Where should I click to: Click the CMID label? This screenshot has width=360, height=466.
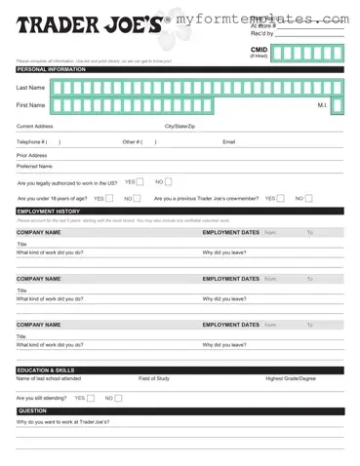259,49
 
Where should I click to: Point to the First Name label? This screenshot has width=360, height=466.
30,104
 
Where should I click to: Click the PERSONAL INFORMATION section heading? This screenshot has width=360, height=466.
51,70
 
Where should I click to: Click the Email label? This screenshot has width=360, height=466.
229,141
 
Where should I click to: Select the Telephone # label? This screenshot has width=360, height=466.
32,141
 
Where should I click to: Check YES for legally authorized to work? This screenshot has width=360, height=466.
140,181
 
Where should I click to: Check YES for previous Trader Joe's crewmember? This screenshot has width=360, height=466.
281,198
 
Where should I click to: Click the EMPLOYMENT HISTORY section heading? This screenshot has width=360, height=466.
49,211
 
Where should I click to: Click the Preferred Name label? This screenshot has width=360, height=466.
34,167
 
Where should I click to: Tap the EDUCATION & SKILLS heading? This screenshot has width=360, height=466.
46,370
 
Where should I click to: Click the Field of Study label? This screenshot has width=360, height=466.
156,379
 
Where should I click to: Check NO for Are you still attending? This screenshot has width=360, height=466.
119,398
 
